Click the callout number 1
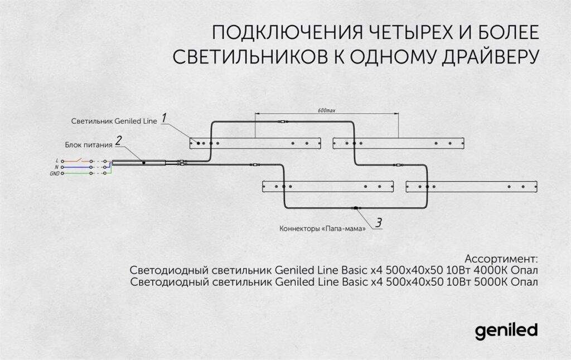point(164,118)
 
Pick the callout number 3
point(379,223)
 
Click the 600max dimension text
point(326,111)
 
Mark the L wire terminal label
point(57,160)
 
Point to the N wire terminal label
point(57,167)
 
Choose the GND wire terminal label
point(54,173)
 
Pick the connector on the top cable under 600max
point(282,121)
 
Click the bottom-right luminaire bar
point(471,187)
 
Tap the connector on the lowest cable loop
point(355,208)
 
